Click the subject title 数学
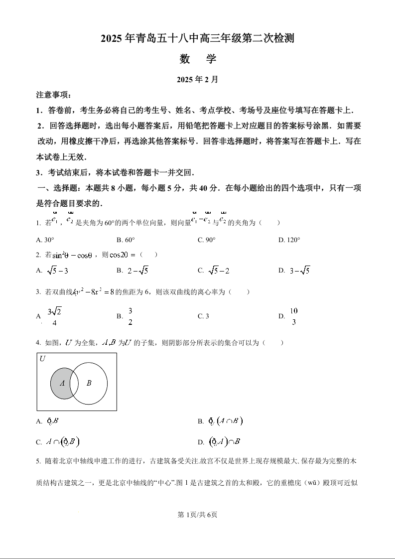[198, 59]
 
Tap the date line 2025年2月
[198, 79]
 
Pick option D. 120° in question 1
[289, 240]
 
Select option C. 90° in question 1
[207, 240]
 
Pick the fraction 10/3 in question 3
[294, 316]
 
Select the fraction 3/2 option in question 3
[130, 316]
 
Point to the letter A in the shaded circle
[62, 383]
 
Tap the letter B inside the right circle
[89, 383]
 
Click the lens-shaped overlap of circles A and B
[74, 384]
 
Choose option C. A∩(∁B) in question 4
[58, 441]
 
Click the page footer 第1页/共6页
[198, 515]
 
